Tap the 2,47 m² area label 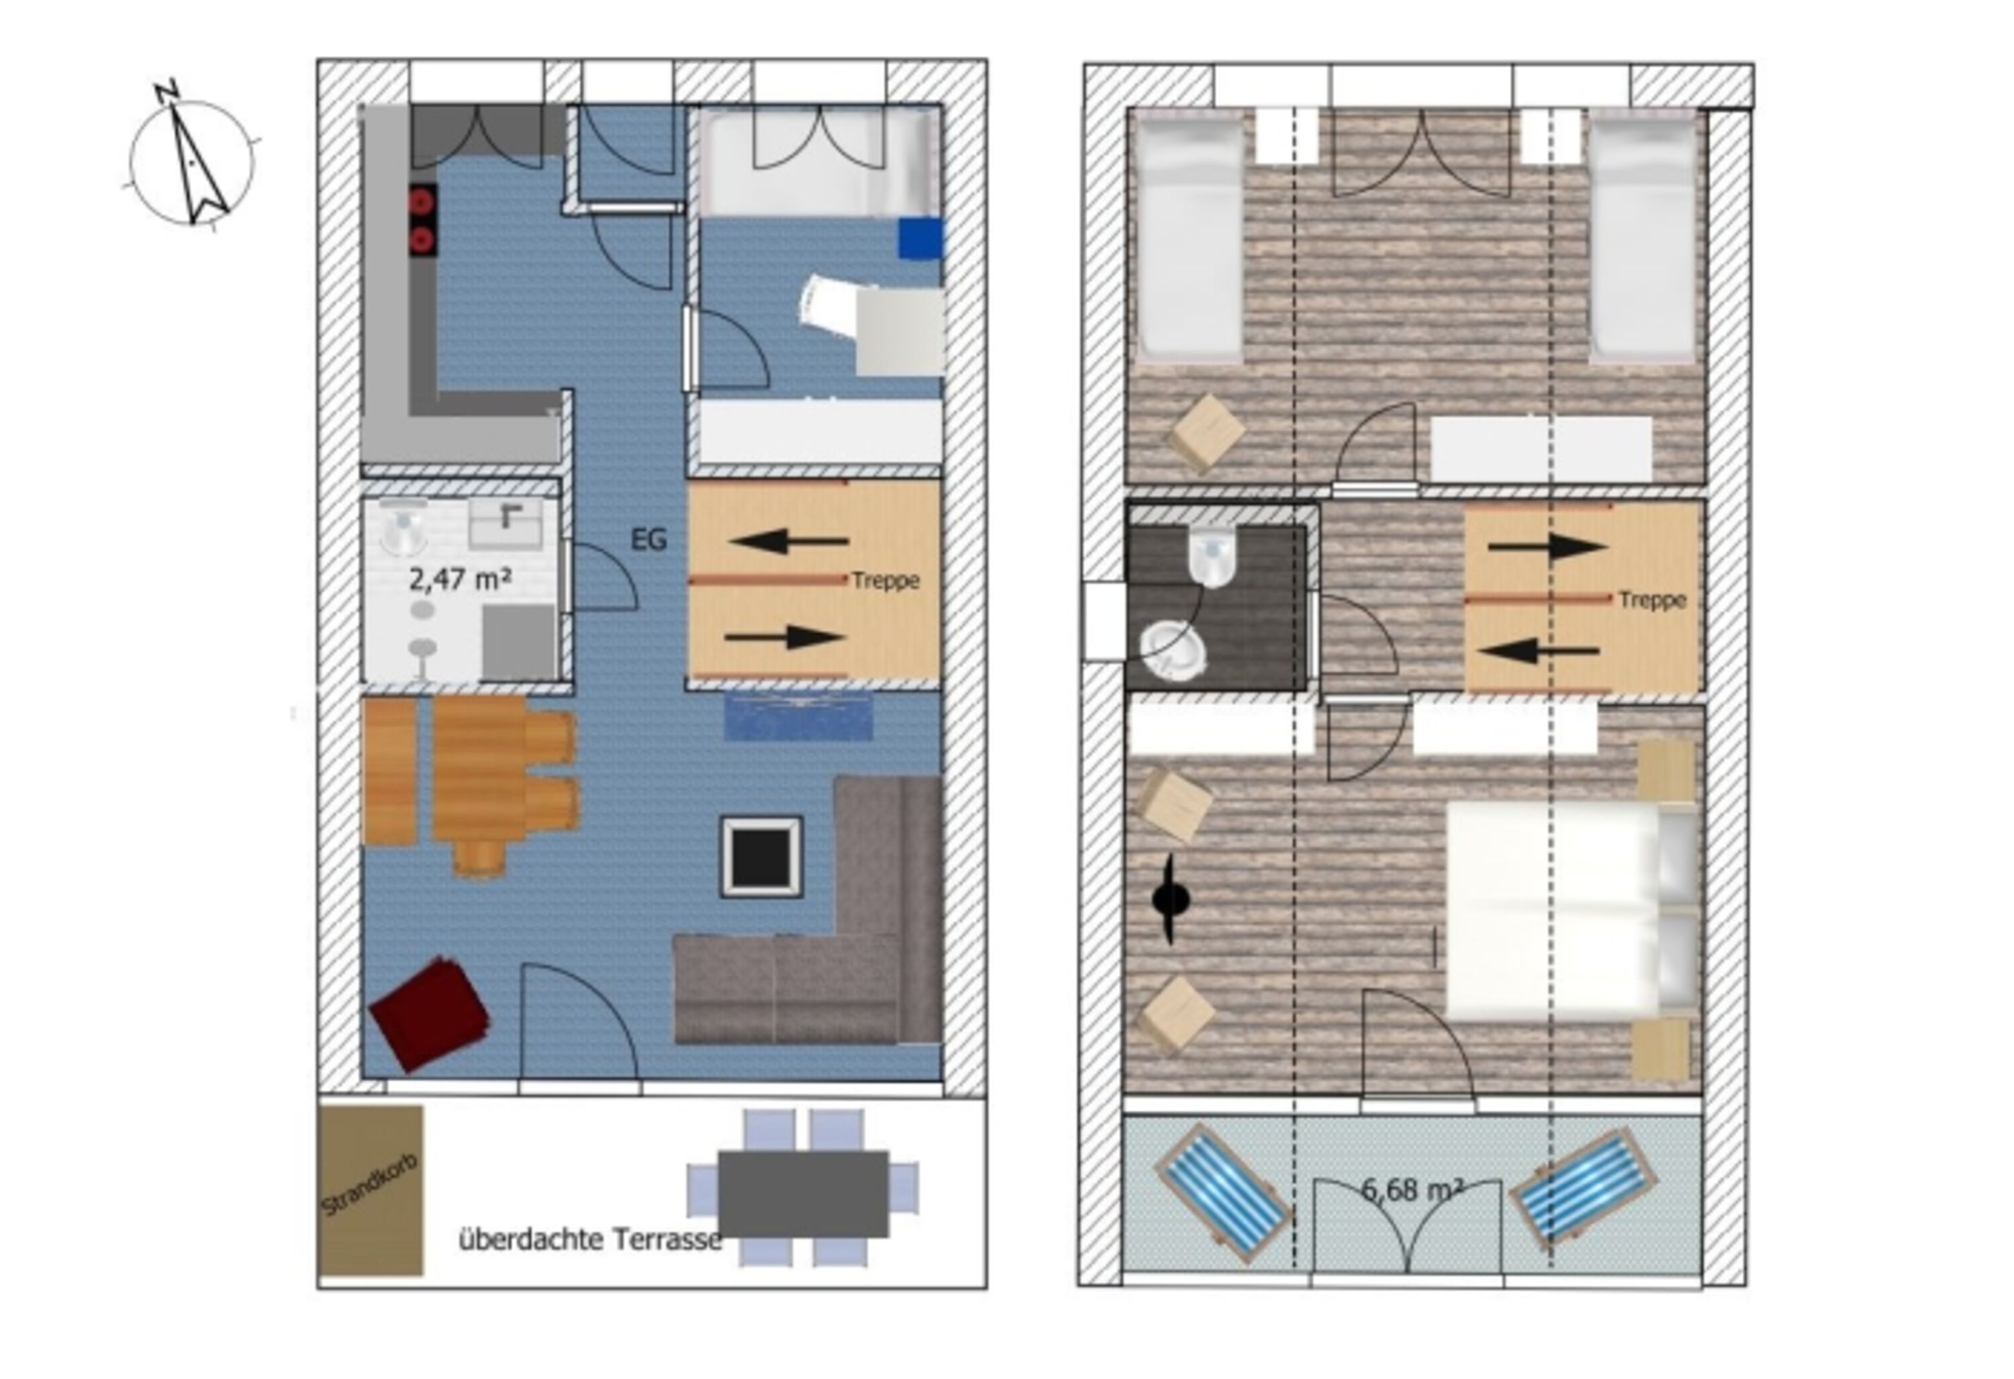[x=459, y=578]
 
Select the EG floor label [x=649, y=540]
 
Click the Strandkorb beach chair [x=371, y=1190]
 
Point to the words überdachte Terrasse [x=589, y=1239]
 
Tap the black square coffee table [x=761, y=857]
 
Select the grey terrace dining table [x=804, y=1194]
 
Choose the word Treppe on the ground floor [x=885, y=580]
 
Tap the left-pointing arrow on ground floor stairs [x=789, y=542]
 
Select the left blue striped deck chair [x=1224, y=1194]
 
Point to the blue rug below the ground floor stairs [x=798, y=717]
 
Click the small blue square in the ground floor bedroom [x=920, y=238]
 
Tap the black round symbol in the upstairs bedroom [x=1171, y=900]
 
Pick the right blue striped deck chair [x=1583, y=1186]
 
